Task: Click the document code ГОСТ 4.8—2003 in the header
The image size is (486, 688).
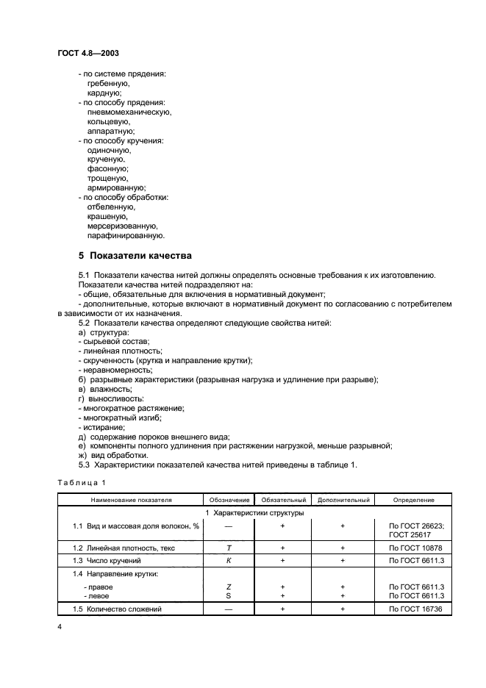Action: point(89,53)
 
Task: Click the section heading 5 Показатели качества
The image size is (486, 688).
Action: point(135,256)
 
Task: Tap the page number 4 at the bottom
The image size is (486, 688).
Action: point(60,627)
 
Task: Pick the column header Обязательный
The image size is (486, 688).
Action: point(282,500)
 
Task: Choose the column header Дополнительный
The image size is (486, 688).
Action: point(343,500)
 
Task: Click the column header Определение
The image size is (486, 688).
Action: point(413,500)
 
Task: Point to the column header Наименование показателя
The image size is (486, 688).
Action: point(131,500)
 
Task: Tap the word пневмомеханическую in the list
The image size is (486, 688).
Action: point(129,112)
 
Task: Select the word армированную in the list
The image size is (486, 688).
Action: point(116,188)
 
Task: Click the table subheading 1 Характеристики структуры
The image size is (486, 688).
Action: point(254,512)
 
